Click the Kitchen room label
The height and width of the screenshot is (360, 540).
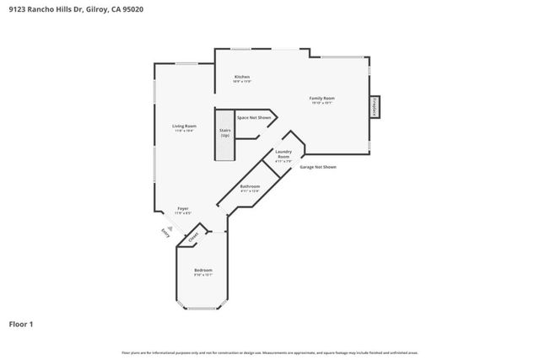point(242,77)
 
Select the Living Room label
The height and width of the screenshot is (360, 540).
point(184,126)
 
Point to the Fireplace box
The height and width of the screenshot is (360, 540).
point(374,107)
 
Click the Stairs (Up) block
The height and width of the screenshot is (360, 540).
point(225,132)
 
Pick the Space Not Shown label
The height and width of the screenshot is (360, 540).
point(254,117)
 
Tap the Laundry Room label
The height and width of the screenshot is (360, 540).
point(283,155)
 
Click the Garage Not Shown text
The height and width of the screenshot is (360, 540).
point(318,167)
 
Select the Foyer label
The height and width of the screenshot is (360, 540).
point(182,208)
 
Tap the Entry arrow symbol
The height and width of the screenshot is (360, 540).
point(169,227)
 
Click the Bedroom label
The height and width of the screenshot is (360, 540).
point(203,270)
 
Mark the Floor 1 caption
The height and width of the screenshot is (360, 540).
point(21,323)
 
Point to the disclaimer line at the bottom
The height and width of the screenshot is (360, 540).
point(270,352)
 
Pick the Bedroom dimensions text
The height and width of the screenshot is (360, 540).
point(203,275)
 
